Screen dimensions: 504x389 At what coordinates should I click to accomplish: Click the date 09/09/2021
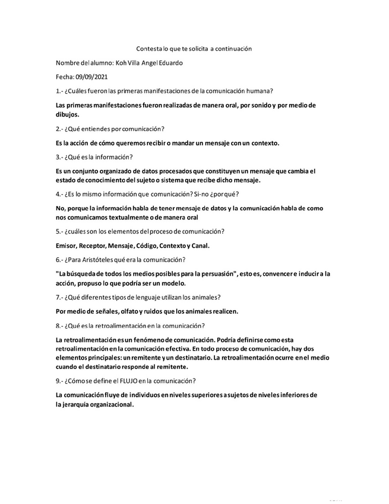[91, 77]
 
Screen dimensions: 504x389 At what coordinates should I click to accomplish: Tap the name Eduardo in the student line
[170, 62]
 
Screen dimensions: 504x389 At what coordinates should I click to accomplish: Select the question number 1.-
[59, 91]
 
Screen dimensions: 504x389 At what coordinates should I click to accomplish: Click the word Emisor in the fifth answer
[65, 245]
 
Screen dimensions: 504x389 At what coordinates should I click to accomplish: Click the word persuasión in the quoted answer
[214, 273]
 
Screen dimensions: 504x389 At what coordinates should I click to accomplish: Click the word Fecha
[64, 77]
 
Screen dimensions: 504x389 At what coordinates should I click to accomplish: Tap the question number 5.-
[59, 231]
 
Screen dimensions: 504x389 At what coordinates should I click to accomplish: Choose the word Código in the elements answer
[162, 245]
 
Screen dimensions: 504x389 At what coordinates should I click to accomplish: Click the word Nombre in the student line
[67, 62]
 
